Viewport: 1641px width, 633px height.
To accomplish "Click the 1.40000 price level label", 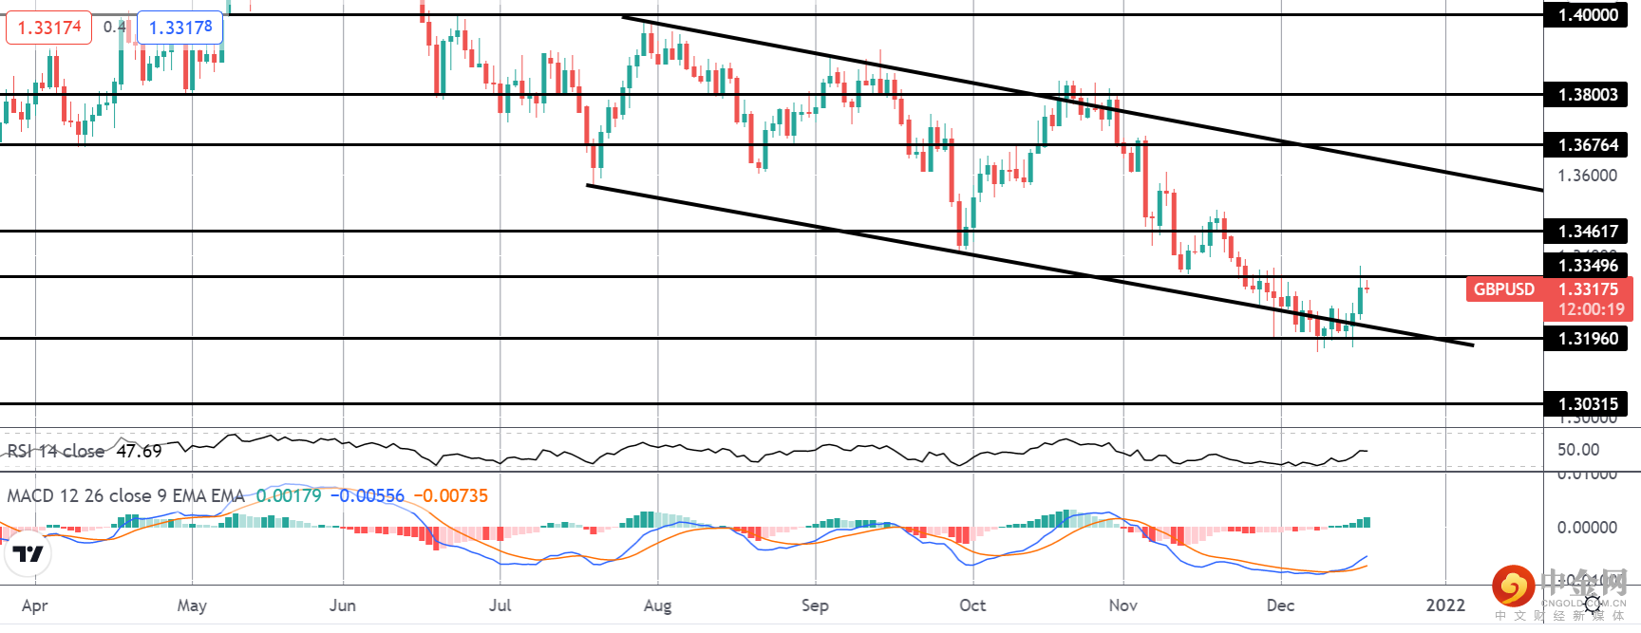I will click(1586, 14).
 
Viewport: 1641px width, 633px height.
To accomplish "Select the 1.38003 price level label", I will click(1586, 94).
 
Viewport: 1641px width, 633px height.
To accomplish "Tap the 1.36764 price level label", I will click(1586, 144).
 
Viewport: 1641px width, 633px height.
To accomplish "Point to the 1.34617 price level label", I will click(1586, 231).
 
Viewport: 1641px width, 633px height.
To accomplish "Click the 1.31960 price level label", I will click(1586, 338).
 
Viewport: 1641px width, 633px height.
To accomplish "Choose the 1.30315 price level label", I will click(1586, 403).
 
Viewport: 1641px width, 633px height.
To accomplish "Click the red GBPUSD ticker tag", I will click(1503, 289).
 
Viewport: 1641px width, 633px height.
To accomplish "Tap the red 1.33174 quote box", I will click(49, 28).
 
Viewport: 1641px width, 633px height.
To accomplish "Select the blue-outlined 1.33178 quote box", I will click(180, 28).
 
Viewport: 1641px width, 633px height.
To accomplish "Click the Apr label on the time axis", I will click(34, 605).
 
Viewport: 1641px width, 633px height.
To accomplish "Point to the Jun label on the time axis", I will click(342, 605).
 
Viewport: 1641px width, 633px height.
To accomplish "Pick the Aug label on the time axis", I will click(657, 605).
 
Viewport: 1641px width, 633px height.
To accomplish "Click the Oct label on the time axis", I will click(972, 605).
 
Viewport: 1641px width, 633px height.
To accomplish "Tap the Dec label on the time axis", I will click(1280, 605).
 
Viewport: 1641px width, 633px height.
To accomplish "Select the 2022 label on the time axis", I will click(1445, 605).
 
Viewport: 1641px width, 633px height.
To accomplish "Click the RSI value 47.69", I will click(139, 451).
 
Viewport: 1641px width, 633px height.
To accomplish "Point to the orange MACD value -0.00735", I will click(451, 495).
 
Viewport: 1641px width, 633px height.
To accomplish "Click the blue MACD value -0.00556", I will click(368, 495).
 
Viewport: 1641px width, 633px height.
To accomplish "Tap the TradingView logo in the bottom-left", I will click(28, 553).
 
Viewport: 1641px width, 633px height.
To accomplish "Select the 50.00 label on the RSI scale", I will click(1578, 450).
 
